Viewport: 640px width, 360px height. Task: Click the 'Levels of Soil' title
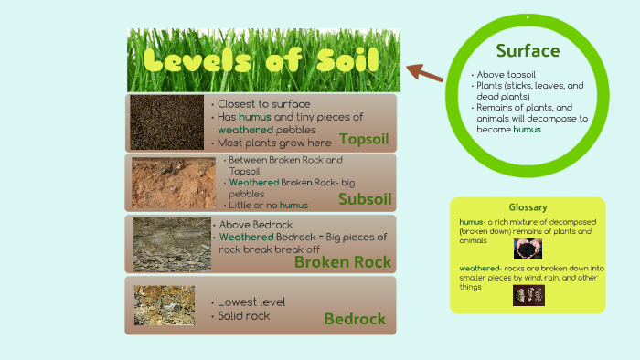click(262, 62)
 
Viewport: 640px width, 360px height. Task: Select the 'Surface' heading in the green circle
click(528, 50)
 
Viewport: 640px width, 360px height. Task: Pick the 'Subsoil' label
click(365, 199)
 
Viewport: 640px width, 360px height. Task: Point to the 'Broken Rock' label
click(343, 262)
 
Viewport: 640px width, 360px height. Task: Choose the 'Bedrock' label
click(355, 319)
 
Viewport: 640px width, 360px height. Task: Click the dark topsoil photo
click(166, 122)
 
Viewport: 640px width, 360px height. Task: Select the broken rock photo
click(172, 244)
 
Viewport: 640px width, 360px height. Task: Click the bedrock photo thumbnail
click(164, 305)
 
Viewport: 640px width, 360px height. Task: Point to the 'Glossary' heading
click(528, 207)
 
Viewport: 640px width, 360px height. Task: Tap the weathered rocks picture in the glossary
click(528, 295)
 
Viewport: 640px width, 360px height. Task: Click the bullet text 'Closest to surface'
click(263, 104)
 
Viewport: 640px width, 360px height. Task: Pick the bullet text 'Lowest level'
click(251, 302)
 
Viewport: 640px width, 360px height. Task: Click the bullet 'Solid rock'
click(244, 316)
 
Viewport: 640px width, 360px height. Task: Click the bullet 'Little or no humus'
click(268, 206)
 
